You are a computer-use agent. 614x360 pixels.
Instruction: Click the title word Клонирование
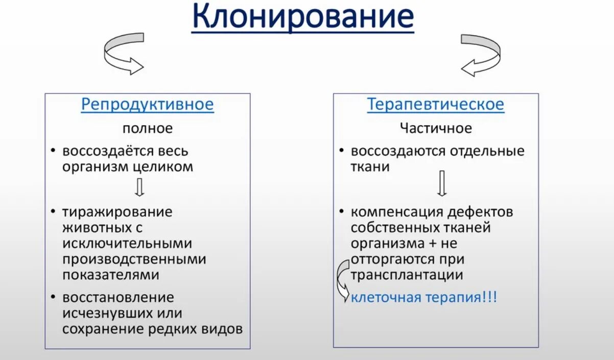302,17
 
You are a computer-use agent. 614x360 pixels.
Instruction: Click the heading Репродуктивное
147,105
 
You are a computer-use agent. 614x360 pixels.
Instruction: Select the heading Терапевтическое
435,105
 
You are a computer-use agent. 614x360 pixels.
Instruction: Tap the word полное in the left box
147,128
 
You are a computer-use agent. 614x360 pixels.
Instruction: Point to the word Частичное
436,128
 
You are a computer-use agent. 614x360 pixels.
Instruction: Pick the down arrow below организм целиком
139,187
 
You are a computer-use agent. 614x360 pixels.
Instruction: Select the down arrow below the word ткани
442,183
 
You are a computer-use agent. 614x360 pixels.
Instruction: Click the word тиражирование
117,212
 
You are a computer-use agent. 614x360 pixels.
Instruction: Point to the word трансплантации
407,275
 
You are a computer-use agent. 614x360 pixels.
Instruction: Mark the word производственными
134,259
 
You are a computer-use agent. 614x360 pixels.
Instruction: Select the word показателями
111,275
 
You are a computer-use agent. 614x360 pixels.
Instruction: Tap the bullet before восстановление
54,297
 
